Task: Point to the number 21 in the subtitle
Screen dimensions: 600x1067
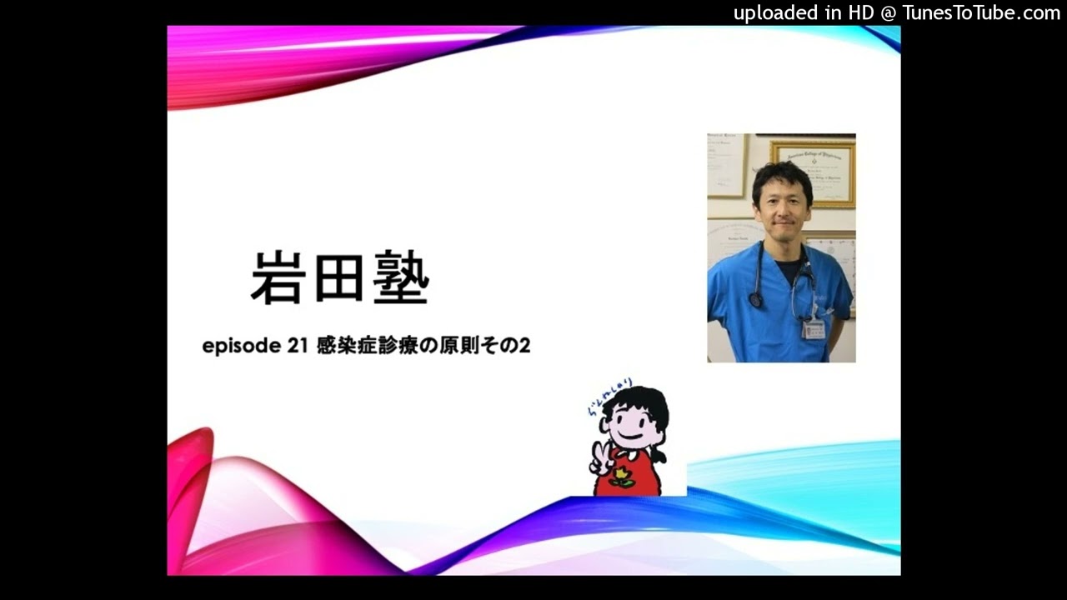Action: pyautogui.click(x=298, y=345)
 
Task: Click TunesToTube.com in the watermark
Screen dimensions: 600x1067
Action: pyautogui.click(x=981, y=12)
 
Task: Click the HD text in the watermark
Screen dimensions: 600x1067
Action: pyautogui.click(x=861, y=12)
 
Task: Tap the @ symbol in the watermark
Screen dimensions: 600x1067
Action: pyautogui.click(x=889, y=12)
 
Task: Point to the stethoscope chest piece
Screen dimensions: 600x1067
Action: pyautogui.click(x=756, y=299)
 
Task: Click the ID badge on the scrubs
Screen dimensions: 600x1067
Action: pyautogui.click(x=813, y=328)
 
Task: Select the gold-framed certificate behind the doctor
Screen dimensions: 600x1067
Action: pyautogui.click(x=813, y=172)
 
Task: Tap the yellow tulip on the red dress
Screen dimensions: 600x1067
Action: pyautogui.click(x=621, y=477)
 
